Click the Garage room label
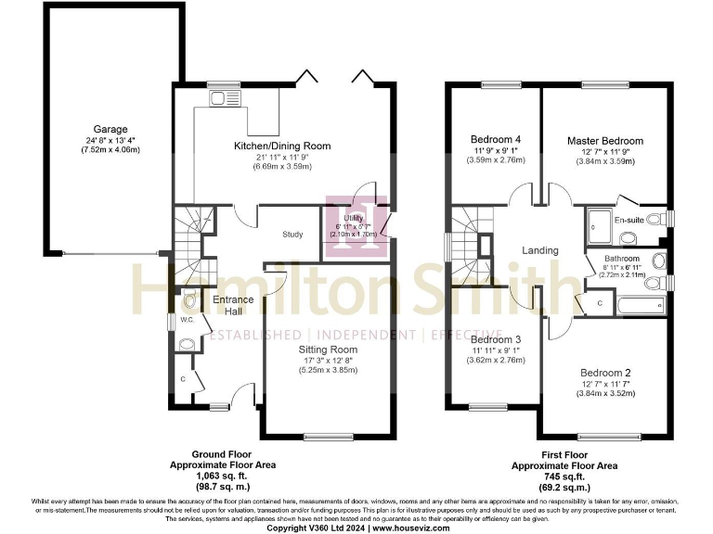[110, 129]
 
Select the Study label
[292, 235]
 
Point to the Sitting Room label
[322, 349]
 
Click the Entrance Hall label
[227, 303]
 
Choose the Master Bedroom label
[605, 141]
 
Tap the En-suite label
[629, 220]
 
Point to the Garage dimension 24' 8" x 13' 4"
[110, 140]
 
